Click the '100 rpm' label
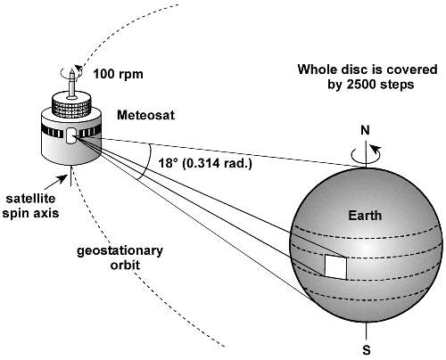pos(118,74)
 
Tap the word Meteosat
pos(145,115)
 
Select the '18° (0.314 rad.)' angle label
pos(205,163)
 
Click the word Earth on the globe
pos(365,216)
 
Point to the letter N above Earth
pos(365,130)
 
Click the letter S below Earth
pos(367,350)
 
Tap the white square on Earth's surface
pos(336,266)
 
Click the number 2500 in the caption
pos(361,85)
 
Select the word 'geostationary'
pos(120,251)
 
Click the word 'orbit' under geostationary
pos(125,265)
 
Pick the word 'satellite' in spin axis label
pos(30,199)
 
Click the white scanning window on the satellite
pos(70,136)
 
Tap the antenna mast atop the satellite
pos(71,84)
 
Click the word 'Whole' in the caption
pos(316,70)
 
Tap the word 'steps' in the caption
pos(396,86)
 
